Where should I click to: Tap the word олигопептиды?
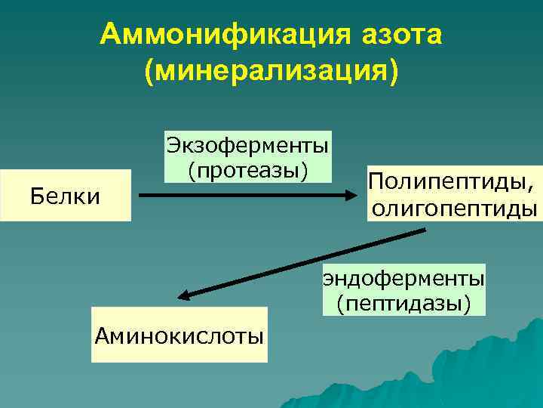(x=455, y=207)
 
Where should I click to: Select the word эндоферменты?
(x=403, y=278)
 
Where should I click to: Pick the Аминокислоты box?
(x=179, y=335)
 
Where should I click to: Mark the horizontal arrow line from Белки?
(x=241, y=195)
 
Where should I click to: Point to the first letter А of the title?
(x=110, y=35)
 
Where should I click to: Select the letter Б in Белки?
(x=35, y=196)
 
